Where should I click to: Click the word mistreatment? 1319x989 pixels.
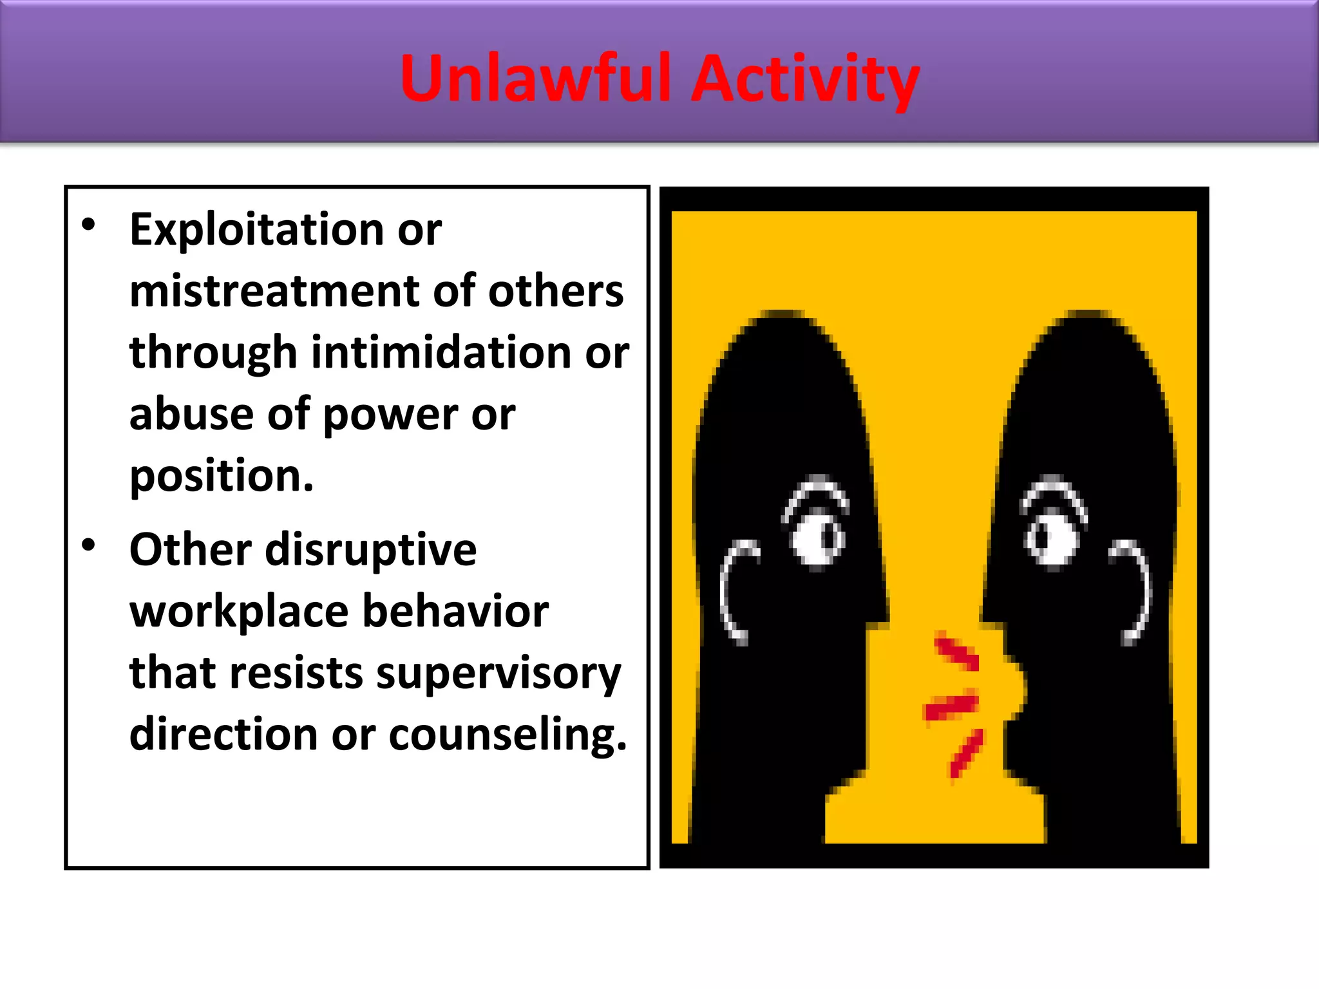tap(274, 291)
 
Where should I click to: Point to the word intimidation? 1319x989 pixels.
tap(442, 353)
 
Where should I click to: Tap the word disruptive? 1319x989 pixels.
tap(370, 551)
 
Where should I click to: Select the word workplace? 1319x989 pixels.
tap(238, 612)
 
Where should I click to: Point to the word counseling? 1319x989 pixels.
tap(507, 735)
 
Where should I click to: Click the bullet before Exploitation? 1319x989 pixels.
tap(89, 225)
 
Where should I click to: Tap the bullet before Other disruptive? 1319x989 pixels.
tap(89, 545)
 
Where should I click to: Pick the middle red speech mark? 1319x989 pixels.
tap(951, 706)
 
